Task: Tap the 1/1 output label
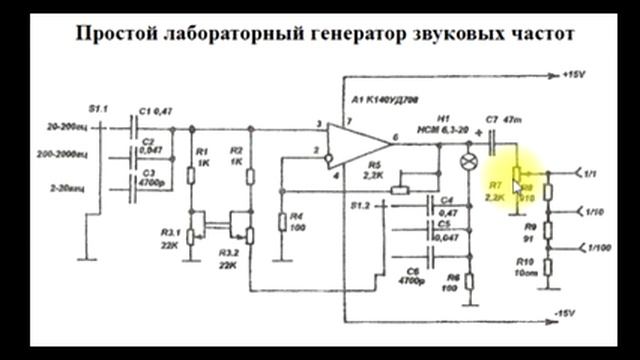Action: point(591,175)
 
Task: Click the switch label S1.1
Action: point(99,106)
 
